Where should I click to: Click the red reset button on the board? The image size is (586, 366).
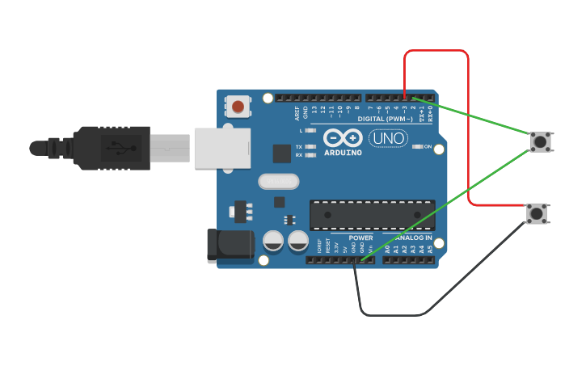point(238,107)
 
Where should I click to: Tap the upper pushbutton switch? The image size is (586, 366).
point(540,141)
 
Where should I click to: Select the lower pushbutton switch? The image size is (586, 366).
point(536,213)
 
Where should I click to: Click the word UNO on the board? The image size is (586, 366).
point(388,138)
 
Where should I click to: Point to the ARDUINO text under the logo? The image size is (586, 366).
point(343,152)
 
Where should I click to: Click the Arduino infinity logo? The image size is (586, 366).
point(343,136)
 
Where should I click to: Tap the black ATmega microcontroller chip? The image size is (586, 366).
point(372,214)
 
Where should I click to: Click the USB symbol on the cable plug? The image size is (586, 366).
point(118,147)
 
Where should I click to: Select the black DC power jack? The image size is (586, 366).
point(230,246)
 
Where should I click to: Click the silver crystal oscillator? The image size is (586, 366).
point(278,181)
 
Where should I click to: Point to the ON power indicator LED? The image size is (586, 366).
point(418,147)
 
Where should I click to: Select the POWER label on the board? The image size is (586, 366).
point(360,238)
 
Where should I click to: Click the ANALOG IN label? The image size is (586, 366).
point(414,238)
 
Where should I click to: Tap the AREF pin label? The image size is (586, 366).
point(297,112)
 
